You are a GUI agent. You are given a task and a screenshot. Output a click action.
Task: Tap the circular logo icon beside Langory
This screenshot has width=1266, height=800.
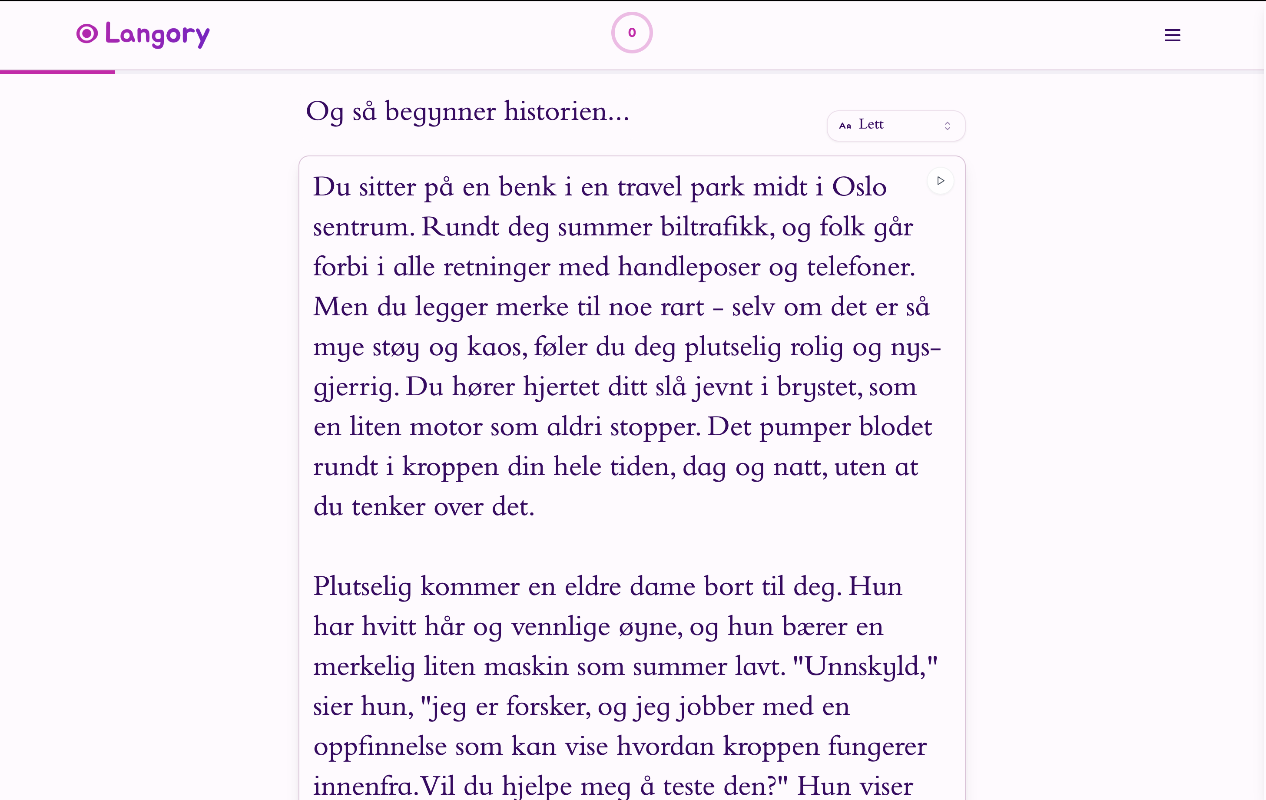87,33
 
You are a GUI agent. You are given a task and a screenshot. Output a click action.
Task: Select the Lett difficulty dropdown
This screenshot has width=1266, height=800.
895,126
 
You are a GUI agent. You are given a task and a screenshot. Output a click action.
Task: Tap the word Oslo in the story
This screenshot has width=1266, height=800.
859,187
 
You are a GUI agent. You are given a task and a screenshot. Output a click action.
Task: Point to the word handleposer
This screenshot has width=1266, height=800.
689,267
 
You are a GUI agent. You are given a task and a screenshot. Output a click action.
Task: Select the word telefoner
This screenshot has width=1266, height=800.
860,267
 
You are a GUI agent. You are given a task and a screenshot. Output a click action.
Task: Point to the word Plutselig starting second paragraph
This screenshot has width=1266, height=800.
362,587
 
